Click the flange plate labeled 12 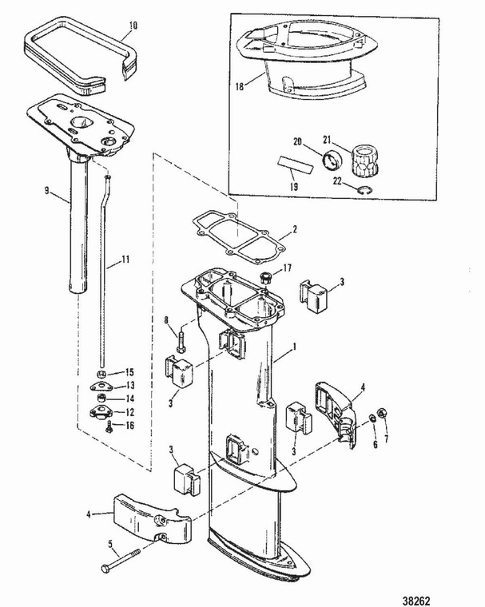coord(101,413)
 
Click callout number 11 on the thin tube coord(124,258)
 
